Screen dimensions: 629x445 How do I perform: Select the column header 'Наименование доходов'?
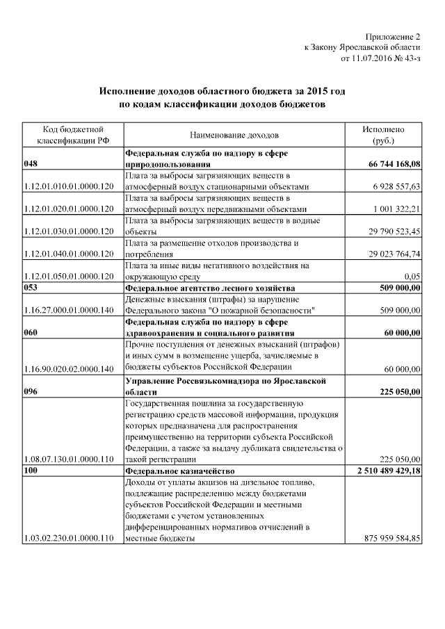[234, 135]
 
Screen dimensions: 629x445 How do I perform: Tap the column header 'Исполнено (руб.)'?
[383, 135]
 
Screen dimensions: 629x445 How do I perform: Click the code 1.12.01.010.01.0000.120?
[68, 187]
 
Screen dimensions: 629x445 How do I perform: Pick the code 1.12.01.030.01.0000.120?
[68, 231]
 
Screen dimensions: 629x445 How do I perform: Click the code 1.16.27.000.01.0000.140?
[68, 310]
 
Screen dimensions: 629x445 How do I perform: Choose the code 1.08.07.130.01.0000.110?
[68, 459]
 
